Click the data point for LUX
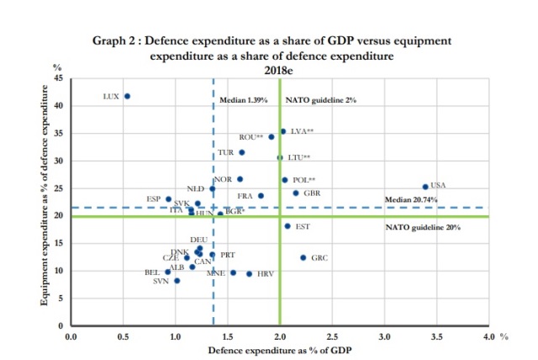click(x=127, y=96)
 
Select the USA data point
click(x=425, y=187)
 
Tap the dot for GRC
click(x=303, y=257)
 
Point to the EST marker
click(x=287, y=225)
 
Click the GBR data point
click(x=295, y=193)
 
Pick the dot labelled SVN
click(x=177, y=281)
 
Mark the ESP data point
click(x=168, y=199)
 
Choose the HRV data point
click(x=250, y=273)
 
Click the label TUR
click(x=225, y=153)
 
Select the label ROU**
click(x=251, y=136)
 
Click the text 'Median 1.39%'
click(x=243, y=100)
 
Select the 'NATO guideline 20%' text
click(x=423, y=228)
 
